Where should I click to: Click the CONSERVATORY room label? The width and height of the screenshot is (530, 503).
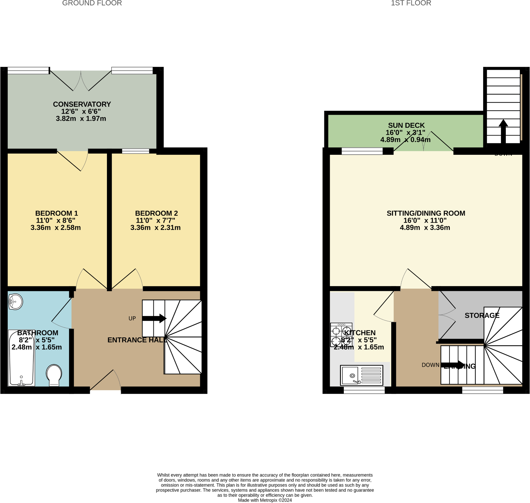click(82, 104)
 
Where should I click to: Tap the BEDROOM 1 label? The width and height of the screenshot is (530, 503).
click(56, 213)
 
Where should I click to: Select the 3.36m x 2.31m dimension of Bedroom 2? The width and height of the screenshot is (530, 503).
click(155, 227)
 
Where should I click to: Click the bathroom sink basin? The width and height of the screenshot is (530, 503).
click(16, 301)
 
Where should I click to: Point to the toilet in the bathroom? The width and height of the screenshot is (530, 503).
click(54, 375)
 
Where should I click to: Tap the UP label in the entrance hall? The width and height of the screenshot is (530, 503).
click(132, 318)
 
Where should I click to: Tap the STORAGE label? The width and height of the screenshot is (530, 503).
click(482, 315)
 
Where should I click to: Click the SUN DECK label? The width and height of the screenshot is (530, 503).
click(406, 125)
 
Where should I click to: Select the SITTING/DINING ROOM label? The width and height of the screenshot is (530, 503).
click(426, 213)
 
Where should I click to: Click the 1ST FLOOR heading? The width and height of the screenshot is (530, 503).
click(411, 3)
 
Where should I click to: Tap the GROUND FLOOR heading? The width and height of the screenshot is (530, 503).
click(92, 3)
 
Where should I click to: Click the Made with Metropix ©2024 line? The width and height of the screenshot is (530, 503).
click(265, 500)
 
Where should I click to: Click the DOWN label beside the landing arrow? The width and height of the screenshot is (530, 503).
click(430, 365)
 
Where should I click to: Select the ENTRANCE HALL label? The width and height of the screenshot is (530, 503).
click(136, 340)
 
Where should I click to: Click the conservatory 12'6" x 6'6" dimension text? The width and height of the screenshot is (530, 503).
click(81, 111)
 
